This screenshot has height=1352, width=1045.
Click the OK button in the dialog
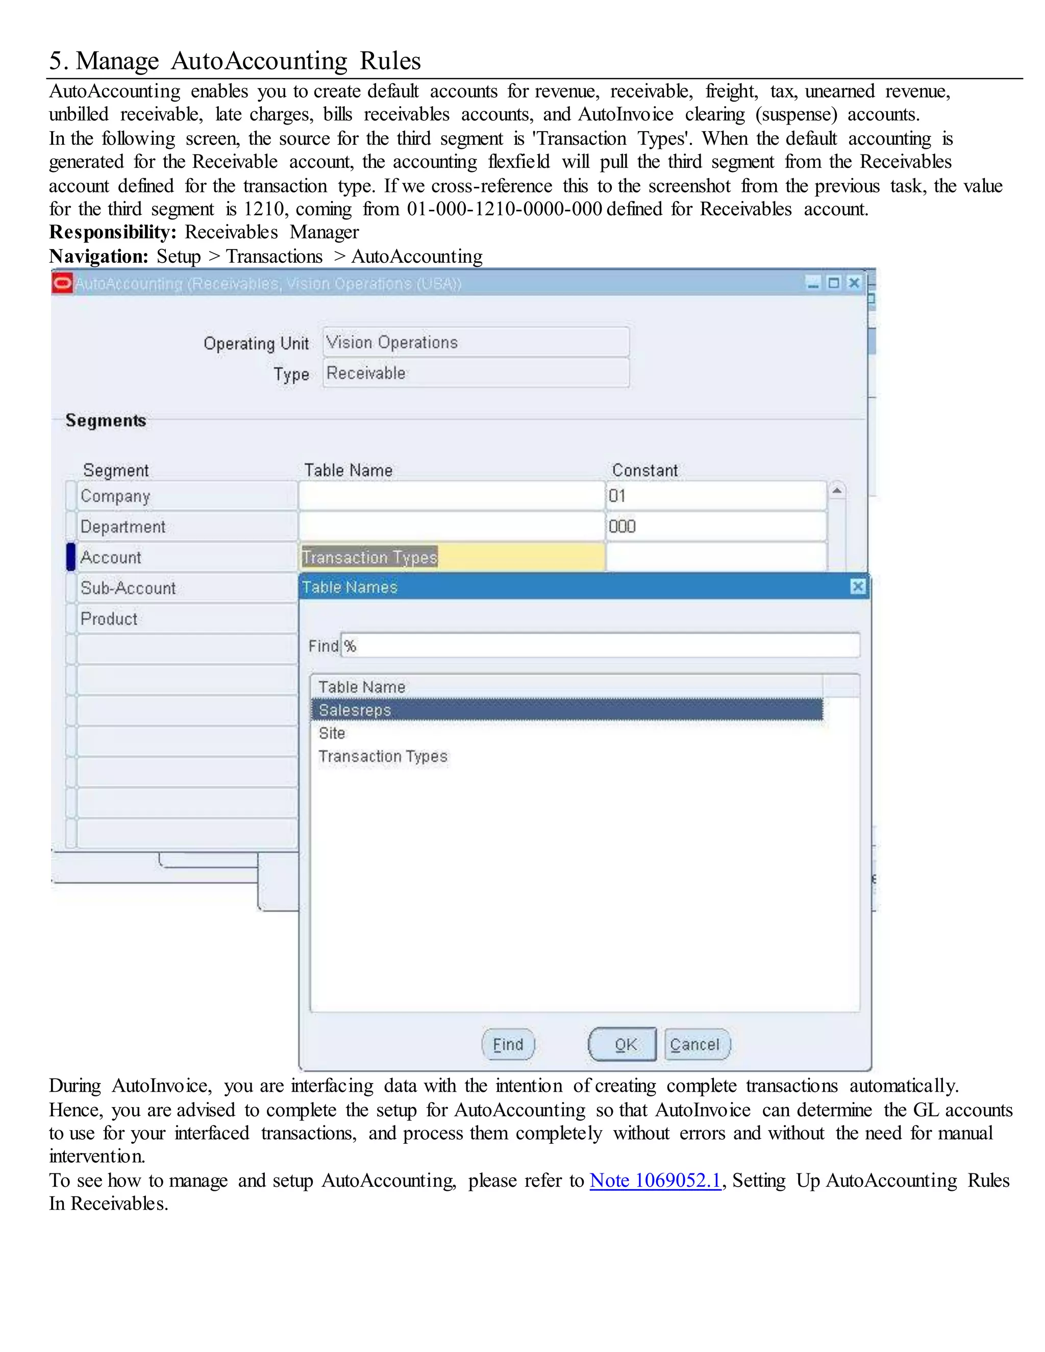click(622, 1044)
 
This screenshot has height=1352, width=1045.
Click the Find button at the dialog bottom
click(508, 1044)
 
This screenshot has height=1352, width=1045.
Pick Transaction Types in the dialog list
click(383, 757)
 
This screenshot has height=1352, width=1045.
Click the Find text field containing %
click(599, 646)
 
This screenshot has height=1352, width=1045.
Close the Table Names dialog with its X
click(857, 586)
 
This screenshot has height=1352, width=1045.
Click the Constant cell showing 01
click(716, 496)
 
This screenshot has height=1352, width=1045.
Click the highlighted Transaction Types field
click(451, 557)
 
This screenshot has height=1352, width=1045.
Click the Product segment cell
click(186, 618)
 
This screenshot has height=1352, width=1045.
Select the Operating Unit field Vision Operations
click(476, 342)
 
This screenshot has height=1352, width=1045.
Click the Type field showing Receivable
click(476, 373)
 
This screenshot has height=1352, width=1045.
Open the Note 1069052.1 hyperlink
click(655, 1181)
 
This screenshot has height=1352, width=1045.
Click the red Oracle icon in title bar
click(62, 284)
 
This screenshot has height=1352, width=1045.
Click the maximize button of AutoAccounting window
click(834, 283)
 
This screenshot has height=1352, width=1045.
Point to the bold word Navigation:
click(98, 256)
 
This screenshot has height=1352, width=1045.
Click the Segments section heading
click(106, 420)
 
